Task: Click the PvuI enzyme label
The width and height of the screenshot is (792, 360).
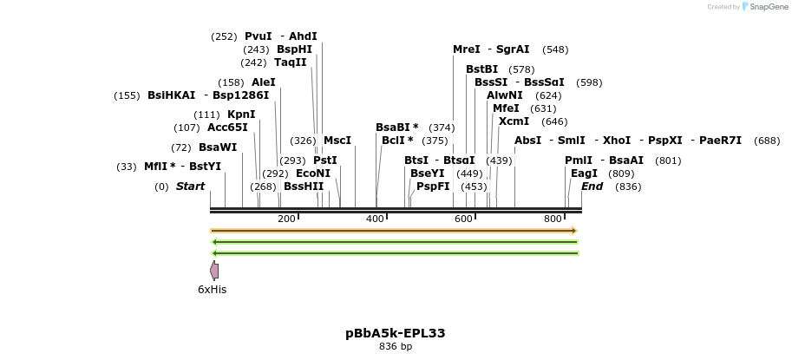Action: [258, 36]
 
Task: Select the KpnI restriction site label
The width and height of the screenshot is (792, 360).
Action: [241, 115]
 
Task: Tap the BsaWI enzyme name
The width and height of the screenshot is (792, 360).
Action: [217, 147]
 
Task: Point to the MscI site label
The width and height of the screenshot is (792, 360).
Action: [337, 141]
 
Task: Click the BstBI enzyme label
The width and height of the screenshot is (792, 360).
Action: [482, 69]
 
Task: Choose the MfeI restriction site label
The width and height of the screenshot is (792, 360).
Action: [506, 108]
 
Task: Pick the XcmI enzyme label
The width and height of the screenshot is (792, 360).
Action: [514, 121]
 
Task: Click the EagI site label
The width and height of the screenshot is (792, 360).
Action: [584, 173]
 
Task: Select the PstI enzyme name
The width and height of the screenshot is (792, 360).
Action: [325, 160]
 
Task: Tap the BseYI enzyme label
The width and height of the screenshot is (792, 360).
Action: [427, 173]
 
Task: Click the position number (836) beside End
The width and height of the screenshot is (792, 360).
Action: [628, 187]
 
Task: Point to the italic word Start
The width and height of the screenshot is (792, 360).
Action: [190, 187]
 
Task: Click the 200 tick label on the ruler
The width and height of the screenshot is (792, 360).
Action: [287, 219]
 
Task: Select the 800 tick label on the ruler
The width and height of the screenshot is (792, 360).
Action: [553, 219]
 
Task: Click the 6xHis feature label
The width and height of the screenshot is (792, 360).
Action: [212, 290]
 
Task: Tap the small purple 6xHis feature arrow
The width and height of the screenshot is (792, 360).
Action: [214, 271]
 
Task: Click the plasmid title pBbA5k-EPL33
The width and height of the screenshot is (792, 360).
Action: [395, 333]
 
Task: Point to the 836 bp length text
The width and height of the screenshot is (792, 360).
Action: [395, 347]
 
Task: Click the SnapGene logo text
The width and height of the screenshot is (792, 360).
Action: [764, 7]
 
